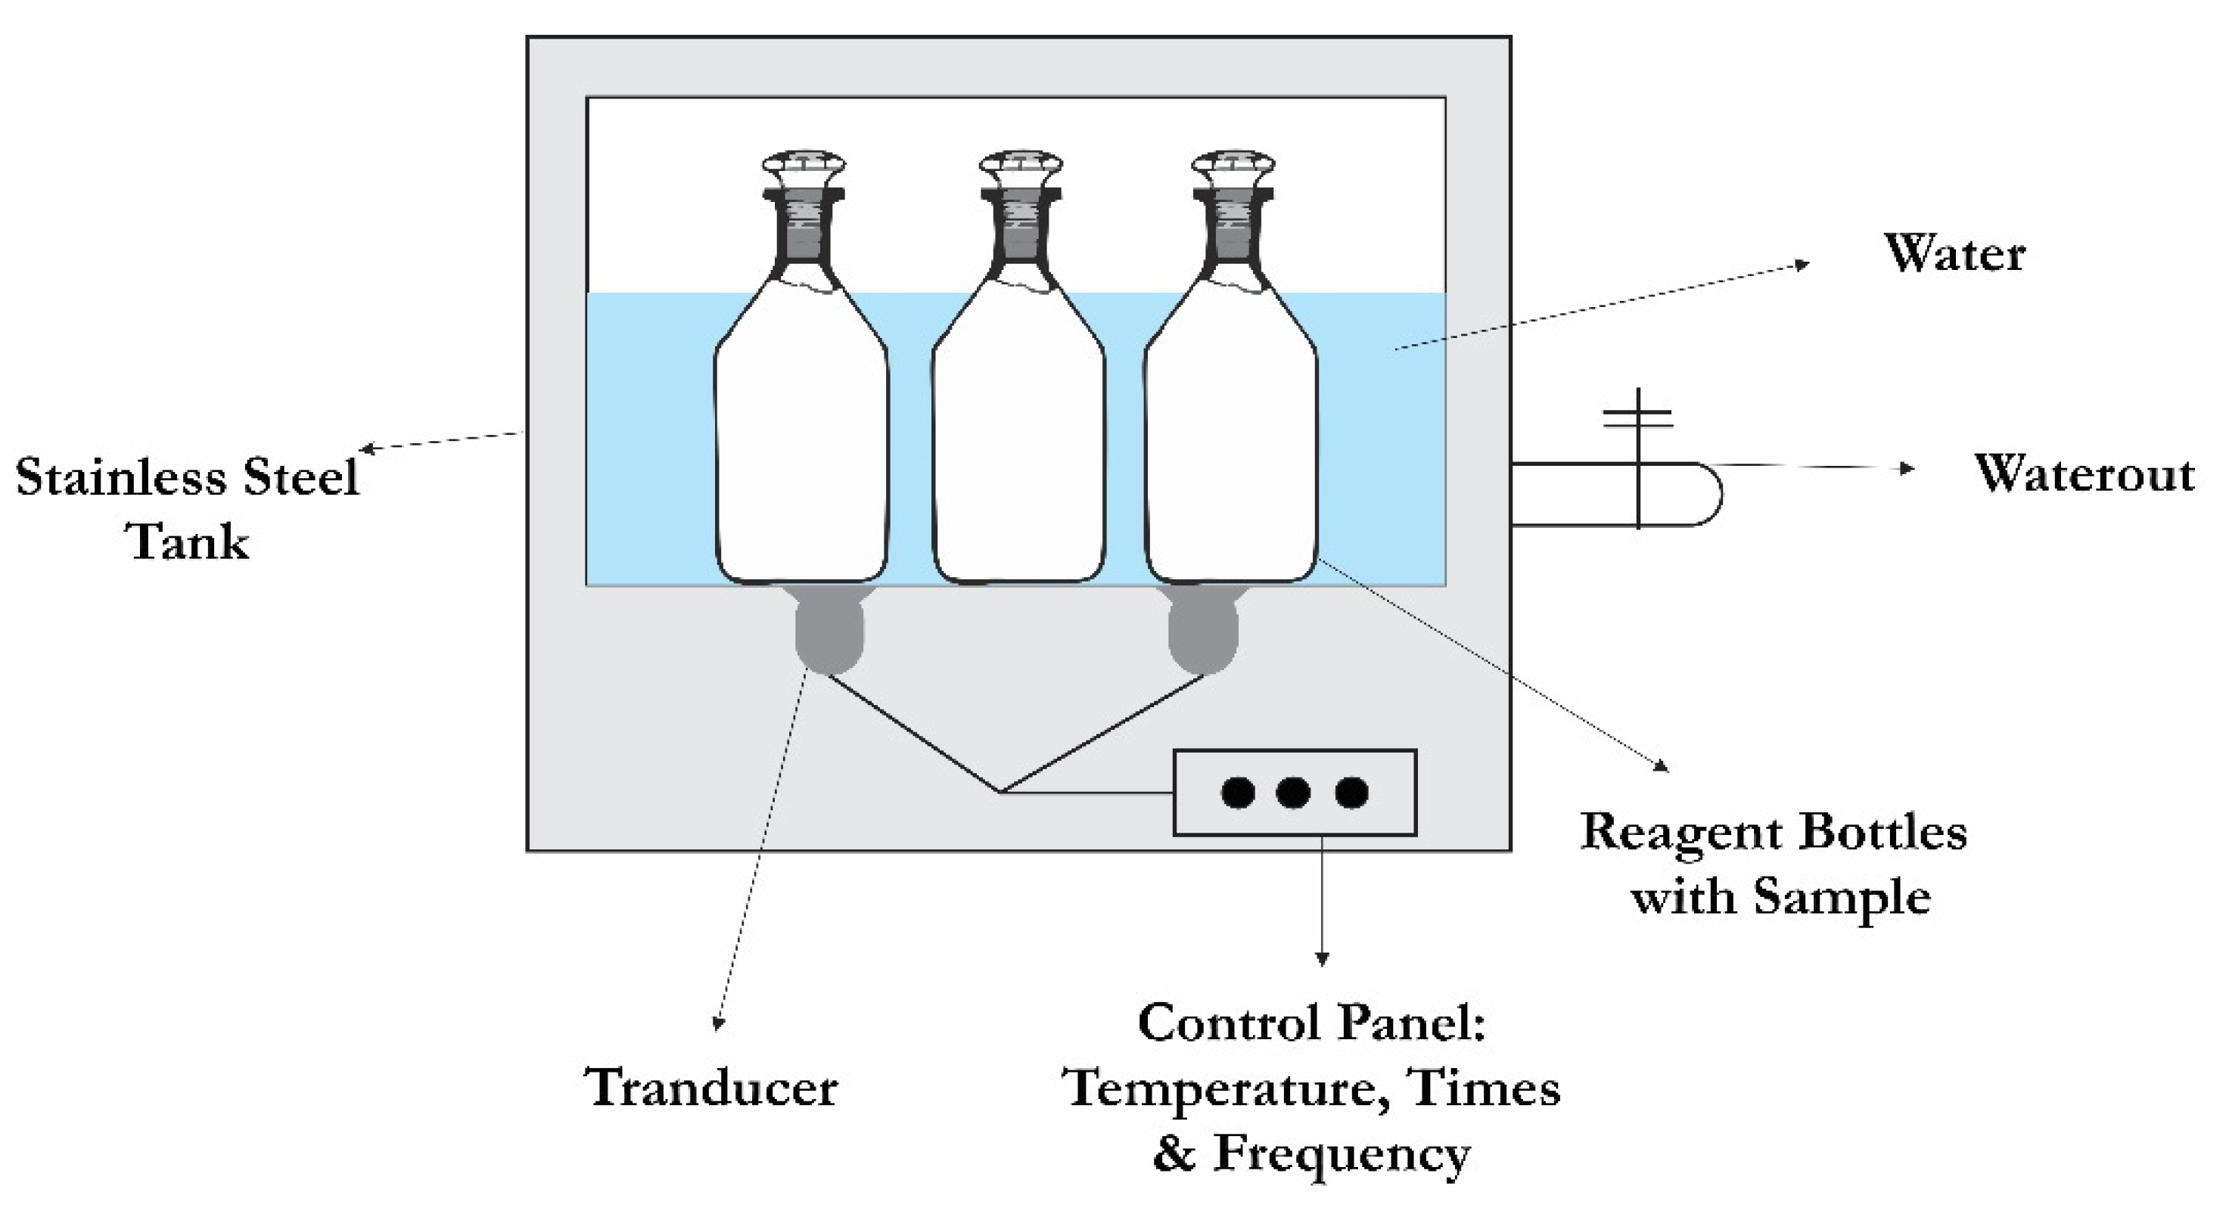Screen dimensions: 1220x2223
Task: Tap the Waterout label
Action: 2084,473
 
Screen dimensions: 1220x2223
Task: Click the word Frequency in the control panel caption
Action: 1342,1153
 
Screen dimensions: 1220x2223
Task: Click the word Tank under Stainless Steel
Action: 189,542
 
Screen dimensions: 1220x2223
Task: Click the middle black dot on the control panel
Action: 1293,792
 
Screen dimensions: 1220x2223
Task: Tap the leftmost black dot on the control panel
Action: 1238,792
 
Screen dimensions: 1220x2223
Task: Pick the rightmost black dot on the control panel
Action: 1351,792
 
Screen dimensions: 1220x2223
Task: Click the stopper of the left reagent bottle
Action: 804,166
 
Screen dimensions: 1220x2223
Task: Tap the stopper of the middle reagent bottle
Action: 1021,166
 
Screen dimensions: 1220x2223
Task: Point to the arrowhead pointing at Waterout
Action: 1907,468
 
